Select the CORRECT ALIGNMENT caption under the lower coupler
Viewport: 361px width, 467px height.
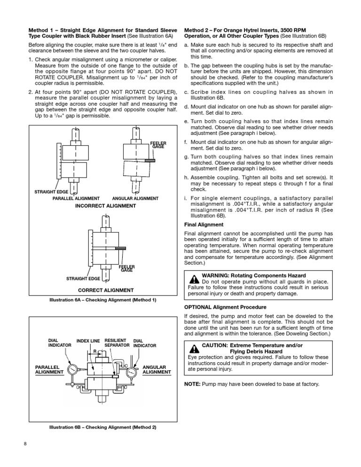[x=105, y=290]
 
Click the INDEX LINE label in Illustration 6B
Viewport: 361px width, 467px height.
[x=88, y=340]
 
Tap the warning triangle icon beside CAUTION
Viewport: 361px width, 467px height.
[x=193, y=348]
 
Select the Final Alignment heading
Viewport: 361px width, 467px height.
[x=204, y=225]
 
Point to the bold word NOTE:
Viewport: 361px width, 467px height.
[x=192, y=384]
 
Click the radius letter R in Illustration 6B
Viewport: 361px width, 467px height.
[x=95, y=351]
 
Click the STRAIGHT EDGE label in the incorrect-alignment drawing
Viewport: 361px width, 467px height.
[x=52, y=192]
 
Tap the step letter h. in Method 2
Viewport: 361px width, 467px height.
[x=187, y=178]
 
